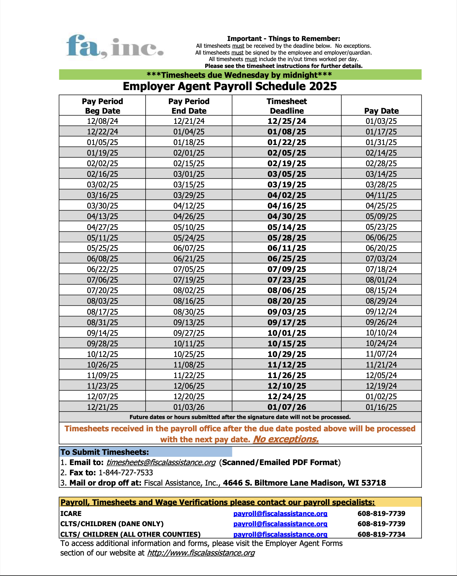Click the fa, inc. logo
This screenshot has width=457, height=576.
coord(115,46)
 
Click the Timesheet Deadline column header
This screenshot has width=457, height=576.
coord(286,106)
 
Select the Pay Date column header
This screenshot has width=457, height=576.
coord(381,111)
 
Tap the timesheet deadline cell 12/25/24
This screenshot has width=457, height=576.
coord(286,121)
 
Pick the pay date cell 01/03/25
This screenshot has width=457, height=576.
coord(381,121)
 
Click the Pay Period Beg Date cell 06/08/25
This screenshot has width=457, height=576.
coord(102,259)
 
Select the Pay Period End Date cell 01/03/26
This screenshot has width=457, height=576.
coord(189,407)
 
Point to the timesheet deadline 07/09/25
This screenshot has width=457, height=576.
coord(286,269)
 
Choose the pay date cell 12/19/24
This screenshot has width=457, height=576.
coord(381,386)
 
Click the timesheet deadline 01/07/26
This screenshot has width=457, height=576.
coord(286,407)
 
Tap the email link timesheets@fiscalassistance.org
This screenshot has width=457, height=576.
coord(161,462)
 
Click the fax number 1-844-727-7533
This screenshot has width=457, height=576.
coord(126,473)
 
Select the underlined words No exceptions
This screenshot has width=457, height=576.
coord(285,439)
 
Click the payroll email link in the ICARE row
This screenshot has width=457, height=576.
coord(280,514)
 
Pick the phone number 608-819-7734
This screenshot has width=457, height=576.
coord(381,534)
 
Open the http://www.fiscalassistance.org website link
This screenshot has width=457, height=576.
coord(201,553)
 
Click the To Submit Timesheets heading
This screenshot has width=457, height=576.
coord(105,452)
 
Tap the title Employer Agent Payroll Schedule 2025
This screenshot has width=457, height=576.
coord(230,86)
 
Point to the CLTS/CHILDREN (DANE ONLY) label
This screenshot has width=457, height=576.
coord(112,524)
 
